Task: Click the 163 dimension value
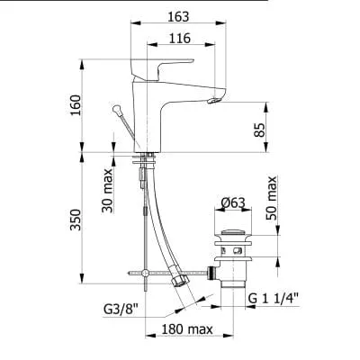point(178,17)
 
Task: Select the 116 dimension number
point(180,39)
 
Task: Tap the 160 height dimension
point(76,105)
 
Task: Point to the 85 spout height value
point(260,130)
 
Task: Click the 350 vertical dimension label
point(76,220)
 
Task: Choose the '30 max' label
point(107,191)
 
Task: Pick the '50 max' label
point(272,198)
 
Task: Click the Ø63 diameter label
point(233,203)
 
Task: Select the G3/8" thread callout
point(121,310)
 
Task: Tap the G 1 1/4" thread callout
point(274,299)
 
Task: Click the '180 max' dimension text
point(187,329)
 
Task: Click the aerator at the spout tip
point(214,100)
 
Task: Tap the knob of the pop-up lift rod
point(117,110)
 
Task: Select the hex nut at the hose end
point(181,282)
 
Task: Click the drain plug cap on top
point(233,233)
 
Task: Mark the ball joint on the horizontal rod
point(145,273)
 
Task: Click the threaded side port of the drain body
point(211,273)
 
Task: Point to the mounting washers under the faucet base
point(144,158)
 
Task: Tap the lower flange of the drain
point(233,258)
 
